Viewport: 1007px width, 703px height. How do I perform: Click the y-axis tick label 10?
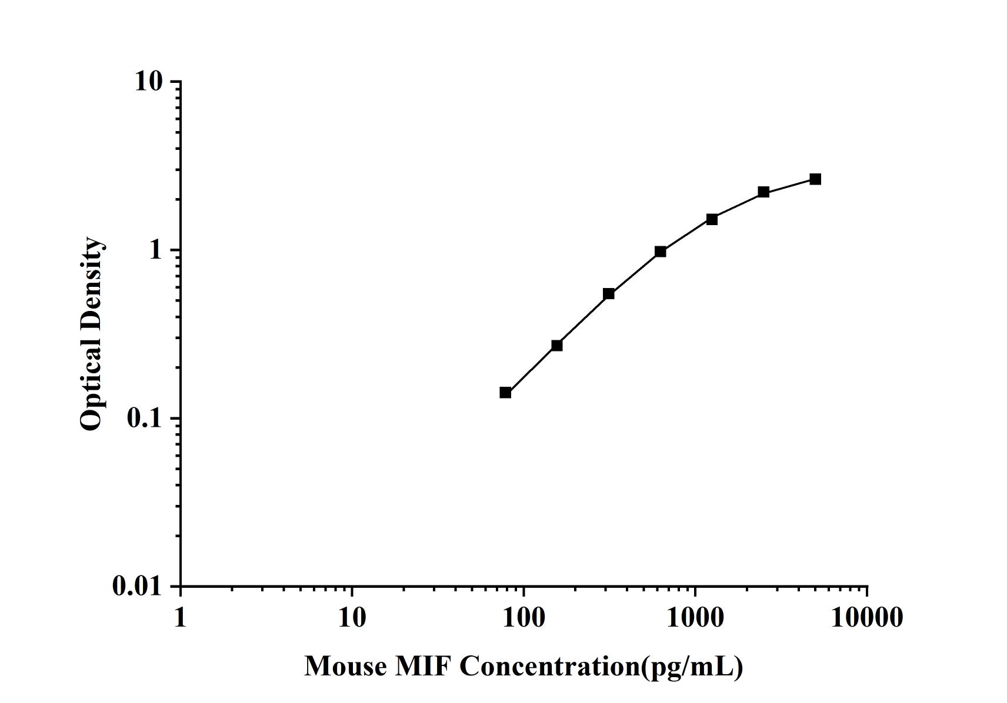point(148,82)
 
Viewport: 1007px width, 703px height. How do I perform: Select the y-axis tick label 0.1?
point(144,419)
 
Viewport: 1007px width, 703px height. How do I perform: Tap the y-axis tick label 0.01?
point(136,587)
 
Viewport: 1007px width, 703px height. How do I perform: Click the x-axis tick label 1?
point(180,618)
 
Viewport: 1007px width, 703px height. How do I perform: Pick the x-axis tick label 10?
point(352,618)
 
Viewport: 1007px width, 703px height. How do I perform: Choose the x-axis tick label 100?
point(523,618)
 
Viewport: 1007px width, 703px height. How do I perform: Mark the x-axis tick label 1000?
point(695,618)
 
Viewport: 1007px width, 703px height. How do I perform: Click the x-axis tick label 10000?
point(866,618)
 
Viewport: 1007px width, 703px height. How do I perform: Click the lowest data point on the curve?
point(505,393)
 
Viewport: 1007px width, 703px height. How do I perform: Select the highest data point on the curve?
point(815,179)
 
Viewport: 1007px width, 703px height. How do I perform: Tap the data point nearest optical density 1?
point(661,252)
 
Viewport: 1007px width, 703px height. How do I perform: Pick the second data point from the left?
point(557,346)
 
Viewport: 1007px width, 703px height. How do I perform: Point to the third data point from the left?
point(609,294)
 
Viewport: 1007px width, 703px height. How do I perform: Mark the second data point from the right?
point(763,192)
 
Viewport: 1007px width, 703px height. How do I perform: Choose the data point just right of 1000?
point(712,220)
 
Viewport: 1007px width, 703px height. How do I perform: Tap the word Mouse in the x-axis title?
point(345,667)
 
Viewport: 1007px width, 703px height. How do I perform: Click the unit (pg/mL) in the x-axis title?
point(693,667)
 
